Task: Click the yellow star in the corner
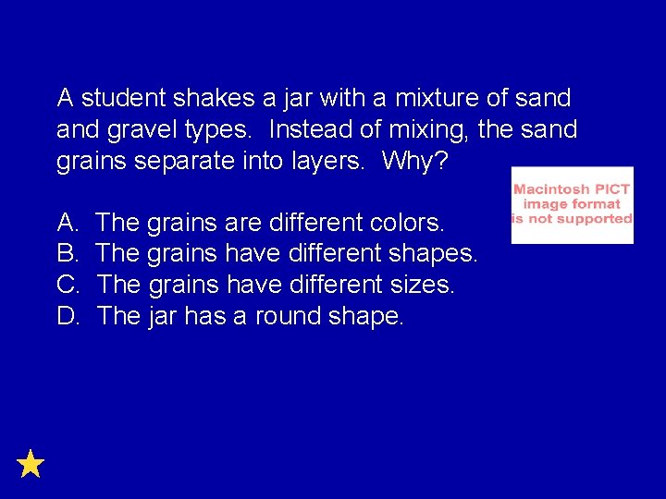[31, 463]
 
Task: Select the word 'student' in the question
[120, 97]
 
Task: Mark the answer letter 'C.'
[68, 285]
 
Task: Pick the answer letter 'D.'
[68, 316]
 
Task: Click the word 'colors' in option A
[406, 222]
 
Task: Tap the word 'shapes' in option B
[432, 254]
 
